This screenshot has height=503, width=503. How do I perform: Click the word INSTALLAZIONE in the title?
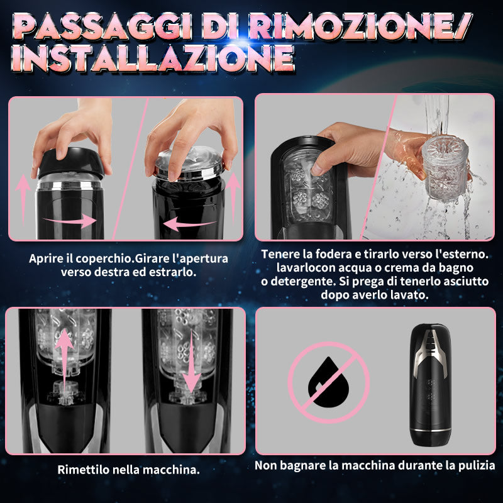(153, 58)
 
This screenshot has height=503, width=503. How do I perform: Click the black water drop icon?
(328, 382)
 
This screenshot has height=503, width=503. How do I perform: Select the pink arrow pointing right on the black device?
(70, 221)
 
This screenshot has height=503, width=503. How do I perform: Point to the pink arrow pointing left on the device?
(190, 224)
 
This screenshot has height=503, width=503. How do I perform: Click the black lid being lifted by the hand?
(71, 163)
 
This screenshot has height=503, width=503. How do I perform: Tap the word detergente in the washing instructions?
(301, 281)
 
